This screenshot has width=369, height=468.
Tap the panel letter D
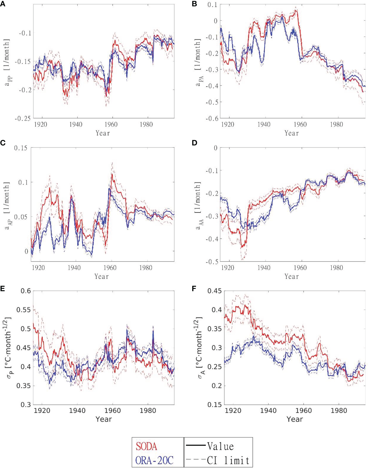click(x=194, y=143)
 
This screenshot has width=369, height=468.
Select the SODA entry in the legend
click(x=146, y=446)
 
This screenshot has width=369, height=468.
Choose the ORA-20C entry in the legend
click(x=154, y=460)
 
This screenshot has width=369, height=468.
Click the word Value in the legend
click(x=220, y=446)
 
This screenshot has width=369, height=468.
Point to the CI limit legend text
click(x=228, y=460)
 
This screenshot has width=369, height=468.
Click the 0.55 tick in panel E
click(x=24, y=310)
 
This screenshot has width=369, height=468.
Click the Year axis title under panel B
click(x=292, y=133)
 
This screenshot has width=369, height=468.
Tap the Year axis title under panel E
click(x=104, y=419)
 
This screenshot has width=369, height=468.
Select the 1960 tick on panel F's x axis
click(x=304, y=410)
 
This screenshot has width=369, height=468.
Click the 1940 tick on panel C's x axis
click(x=74, y=268)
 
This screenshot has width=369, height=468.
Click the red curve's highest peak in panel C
click(x=112, y=174)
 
